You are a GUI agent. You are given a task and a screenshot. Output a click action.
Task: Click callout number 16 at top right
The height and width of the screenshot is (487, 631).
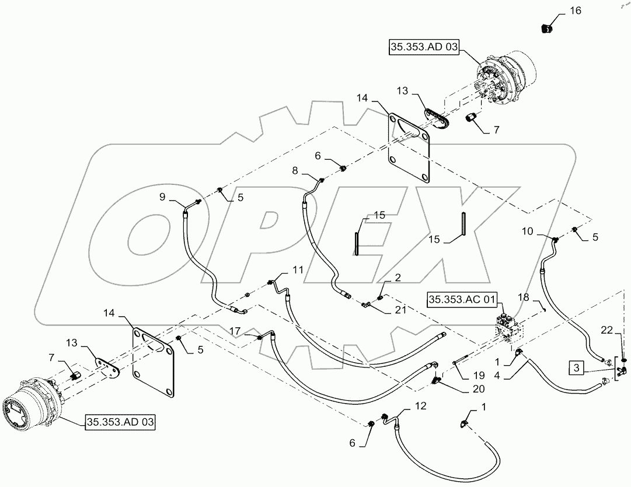(x=576, y=11)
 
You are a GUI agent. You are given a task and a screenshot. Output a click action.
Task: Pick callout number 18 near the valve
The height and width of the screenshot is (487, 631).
(x=523, y=297)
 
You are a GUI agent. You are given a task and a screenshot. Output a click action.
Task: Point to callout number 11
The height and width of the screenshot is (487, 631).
(x=298, y=270)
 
